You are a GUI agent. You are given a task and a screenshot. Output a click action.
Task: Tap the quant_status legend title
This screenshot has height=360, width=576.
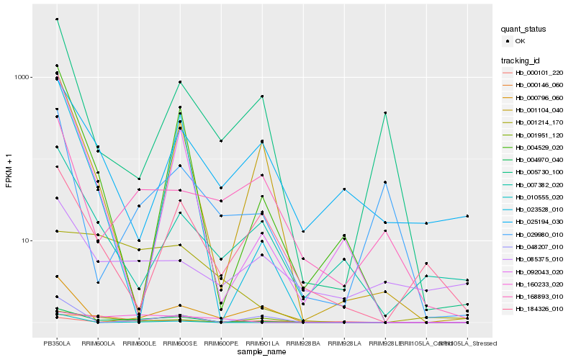click(523, 29)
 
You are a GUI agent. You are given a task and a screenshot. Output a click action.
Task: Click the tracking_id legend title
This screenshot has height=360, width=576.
click(521, 60)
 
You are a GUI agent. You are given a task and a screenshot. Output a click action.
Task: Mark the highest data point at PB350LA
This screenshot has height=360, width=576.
click(57, 19)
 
